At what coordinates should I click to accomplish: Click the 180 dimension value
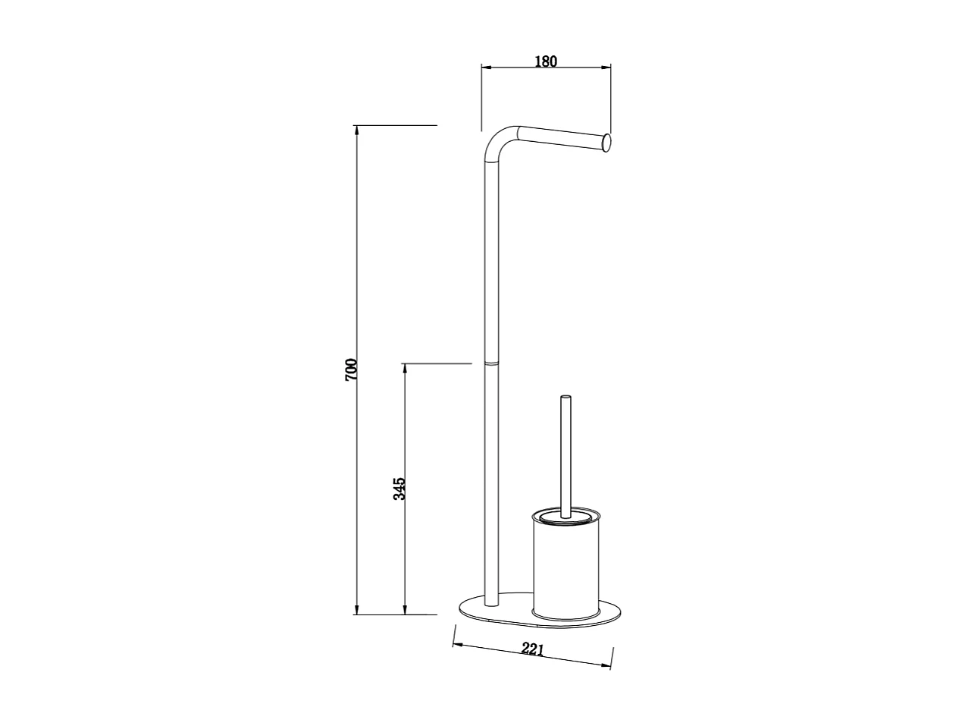546,61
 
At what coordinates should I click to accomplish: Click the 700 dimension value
351,369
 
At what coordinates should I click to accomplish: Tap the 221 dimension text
533,649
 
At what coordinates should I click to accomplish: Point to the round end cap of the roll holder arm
606,142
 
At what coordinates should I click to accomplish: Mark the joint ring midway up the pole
491,364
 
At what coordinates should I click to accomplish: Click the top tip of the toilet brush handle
565,397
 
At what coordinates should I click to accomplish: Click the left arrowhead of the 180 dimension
487,68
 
